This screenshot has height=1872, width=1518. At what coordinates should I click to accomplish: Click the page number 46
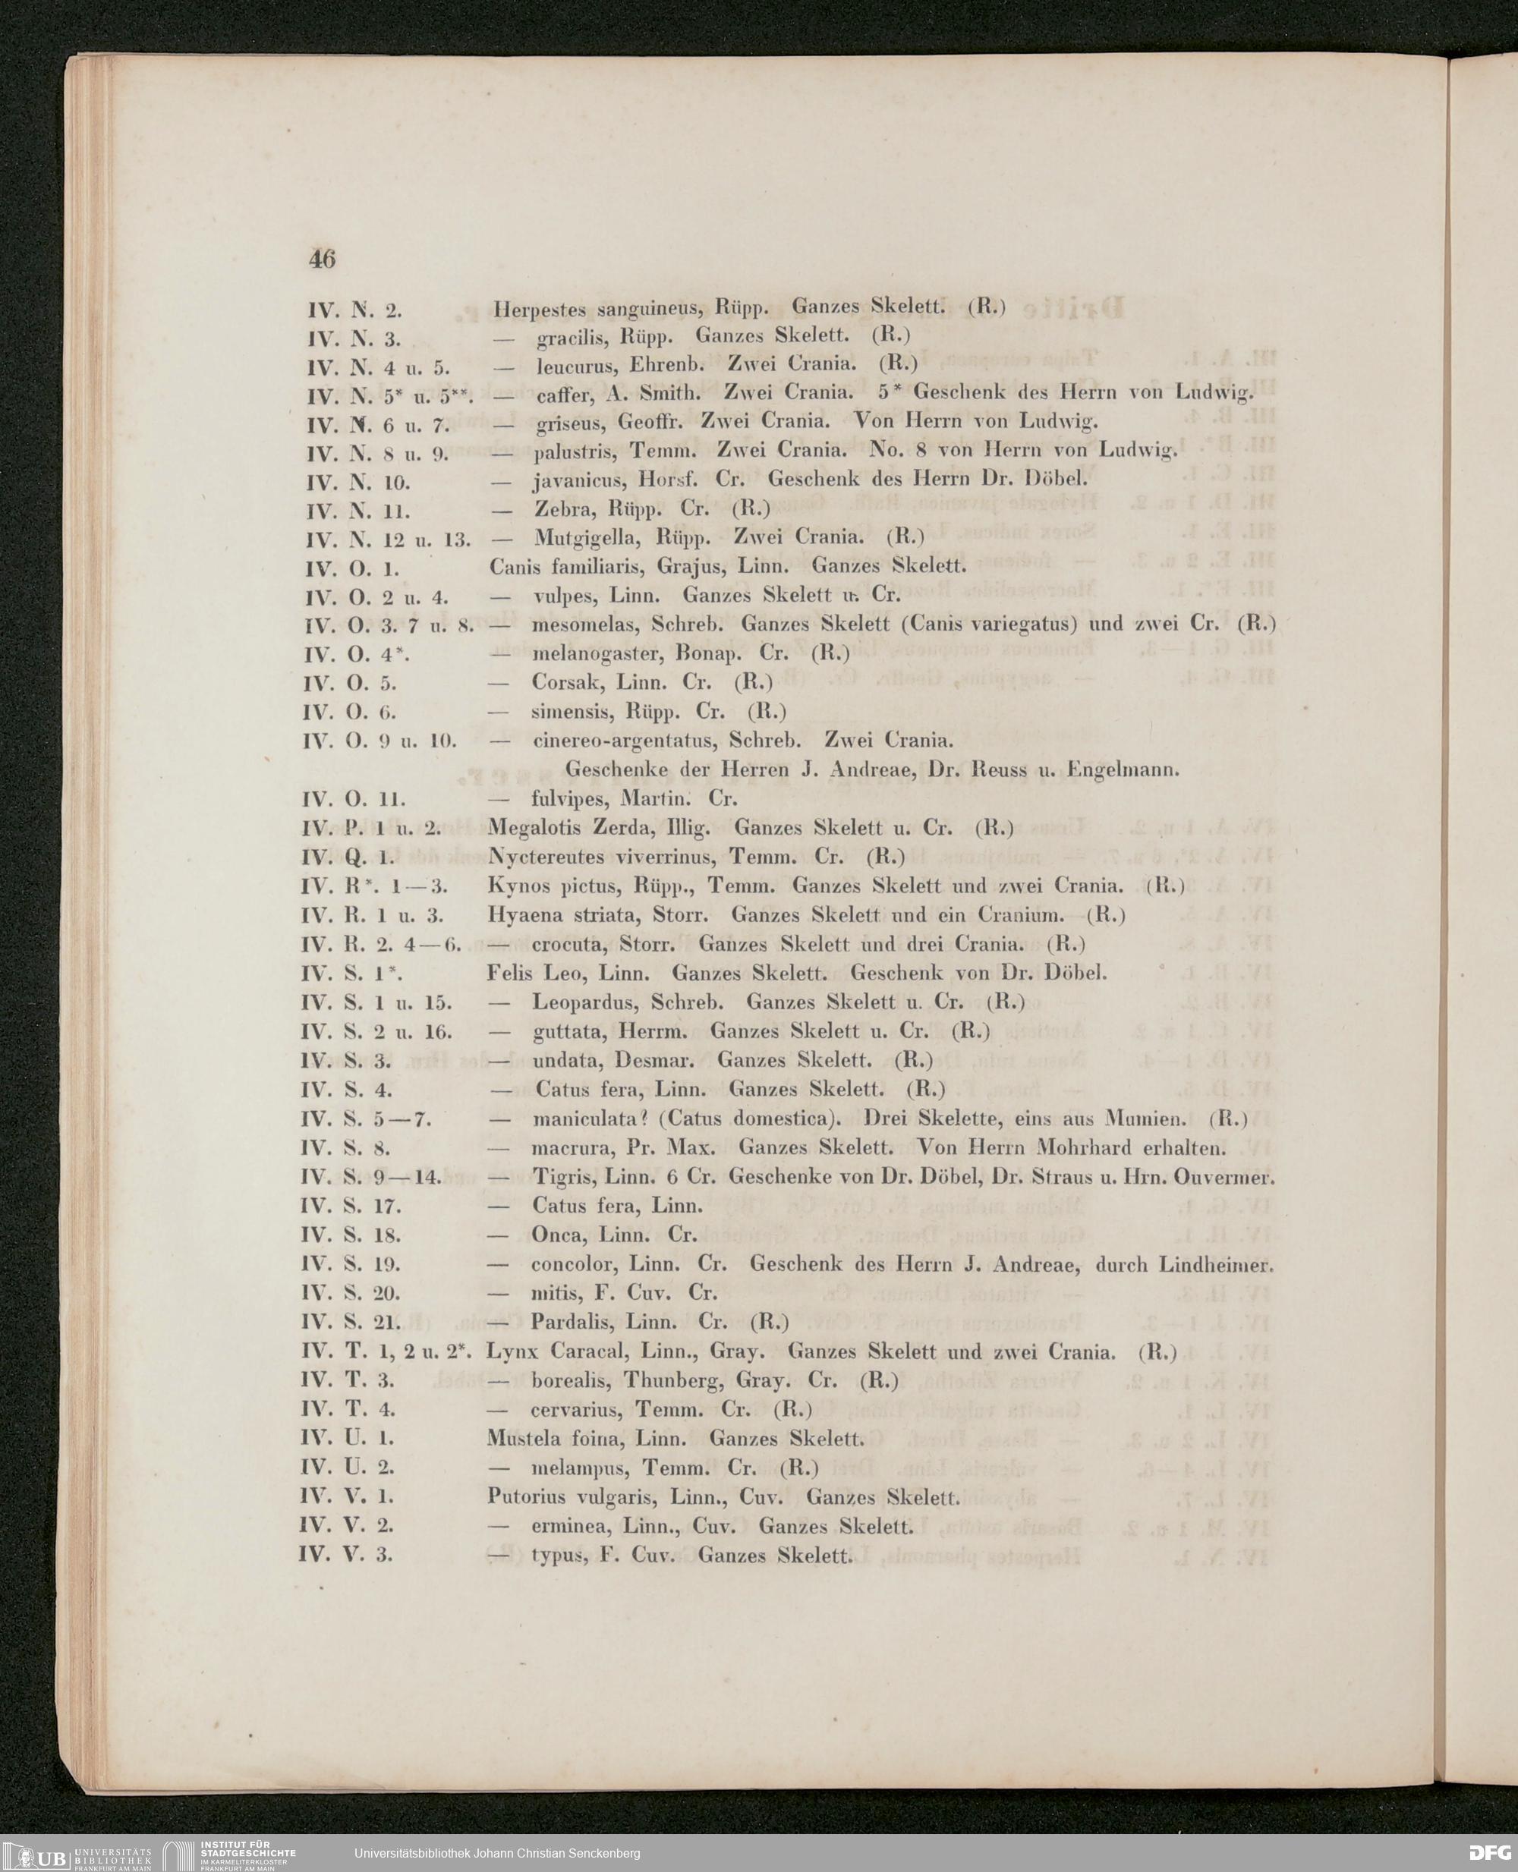click(x=322, y=259)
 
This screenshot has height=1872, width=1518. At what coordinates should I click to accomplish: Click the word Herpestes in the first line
click(x=533, y=308)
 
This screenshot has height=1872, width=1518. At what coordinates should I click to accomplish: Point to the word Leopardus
click(x=583, y=1002)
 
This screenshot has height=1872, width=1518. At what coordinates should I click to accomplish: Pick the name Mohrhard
click(x=1083, y=1147)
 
